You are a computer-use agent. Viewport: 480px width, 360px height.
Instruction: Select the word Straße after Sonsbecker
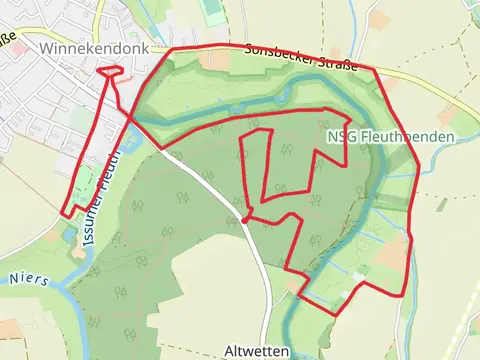click(x=336, y=63)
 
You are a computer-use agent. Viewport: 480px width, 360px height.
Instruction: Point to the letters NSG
click(x=340, y=136)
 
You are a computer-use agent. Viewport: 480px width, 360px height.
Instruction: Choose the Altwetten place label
click(x=257, y=351)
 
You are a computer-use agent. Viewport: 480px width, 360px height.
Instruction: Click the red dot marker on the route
click(x=245, y=218)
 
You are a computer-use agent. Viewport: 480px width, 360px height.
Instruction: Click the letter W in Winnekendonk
click(x=48, y=48)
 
